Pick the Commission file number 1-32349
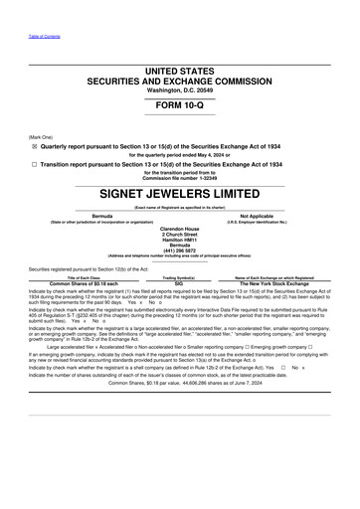(x=179, y=180)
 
